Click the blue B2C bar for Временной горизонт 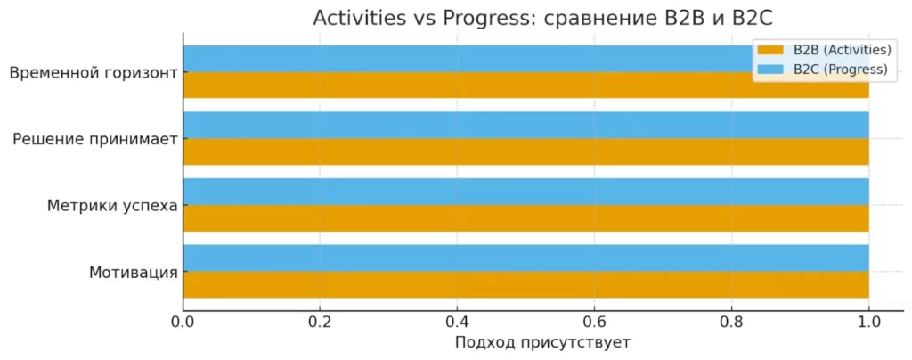tap(445, 59)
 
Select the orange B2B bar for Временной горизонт tap(445, 86)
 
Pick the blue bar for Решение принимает tap(525, 125)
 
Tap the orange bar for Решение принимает tap(525, 151)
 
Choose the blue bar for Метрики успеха tap(525, 192)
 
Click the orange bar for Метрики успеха tap(525, 218)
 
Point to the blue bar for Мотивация tap(525, 258)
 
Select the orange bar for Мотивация tap(525, 284)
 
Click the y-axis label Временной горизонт tap(93, 73)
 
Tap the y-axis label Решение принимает tap(95, 139)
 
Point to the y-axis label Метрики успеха tap(112, 206)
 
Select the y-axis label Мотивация tap(134, 272)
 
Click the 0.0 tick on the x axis tap(183, 323)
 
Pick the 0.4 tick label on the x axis tap(457, 323)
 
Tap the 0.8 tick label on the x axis tap(731, 323)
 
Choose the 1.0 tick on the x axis tap(868, 323)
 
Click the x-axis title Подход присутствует tap(542, 343)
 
